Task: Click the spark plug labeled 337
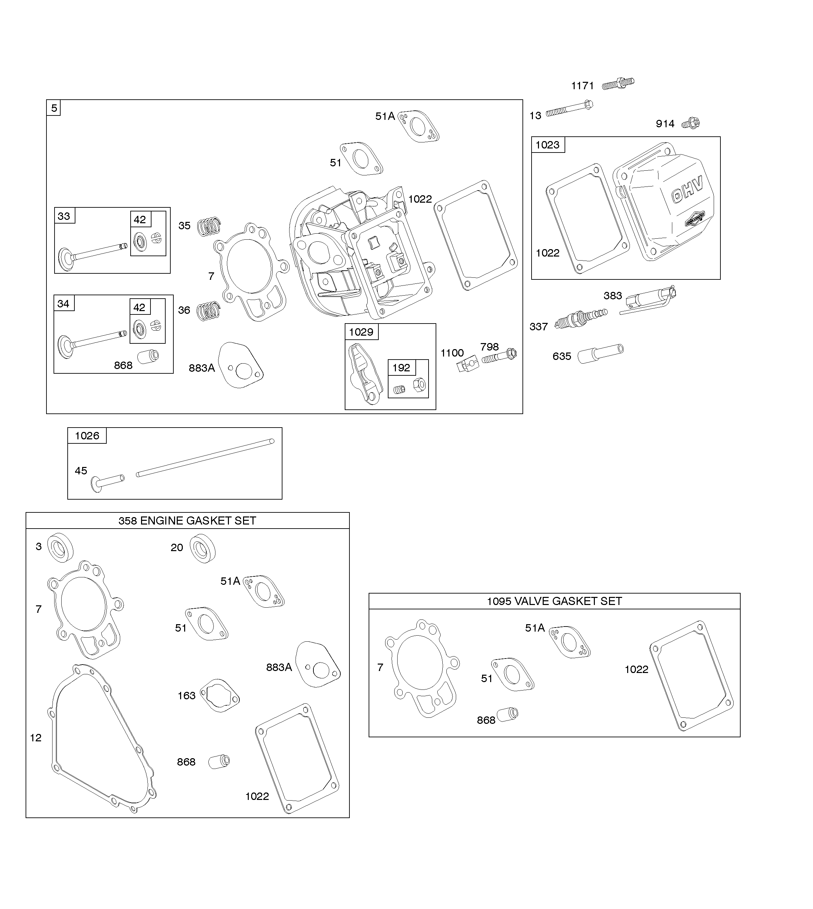point(580,318)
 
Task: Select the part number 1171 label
point(582,86)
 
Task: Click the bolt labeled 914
point(691,123)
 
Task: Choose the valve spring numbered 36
point(209,310)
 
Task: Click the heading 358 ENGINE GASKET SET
point(187,520)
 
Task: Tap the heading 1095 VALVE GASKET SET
point(554,601)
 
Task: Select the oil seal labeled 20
point(203,548)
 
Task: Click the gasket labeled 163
point(219,696)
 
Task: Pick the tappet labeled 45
point(107,482)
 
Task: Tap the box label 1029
point(361,332)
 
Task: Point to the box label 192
point(401,368)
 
